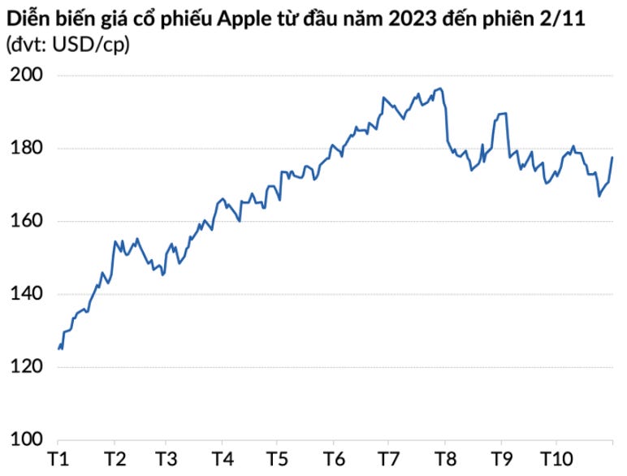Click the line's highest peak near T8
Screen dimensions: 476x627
439,88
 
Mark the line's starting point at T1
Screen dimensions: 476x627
58,348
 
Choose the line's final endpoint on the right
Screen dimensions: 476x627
612,157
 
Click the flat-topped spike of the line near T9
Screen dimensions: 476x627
501,114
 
